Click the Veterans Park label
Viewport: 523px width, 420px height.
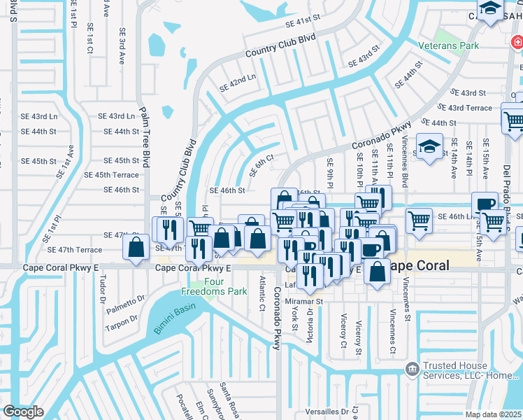pyautogui.click(x=458, y=46)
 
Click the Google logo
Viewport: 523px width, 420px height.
pyautogui.click(x=22, y=412)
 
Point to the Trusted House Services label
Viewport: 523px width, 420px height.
pyautogui.click(x=468, y=370)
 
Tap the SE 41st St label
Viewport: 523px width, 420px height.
pyautogui.click(x=302, y=23)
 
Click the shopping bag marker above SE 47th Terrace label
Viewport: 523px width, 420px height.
pyautogui.click(x=135, y=246)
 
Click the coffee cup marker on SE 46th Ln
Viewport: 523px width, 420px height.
pyautogui.click(x=484, y=204)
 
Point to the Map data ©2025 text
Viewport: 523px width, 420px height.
pyautogui.click(x=494, y=414)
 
